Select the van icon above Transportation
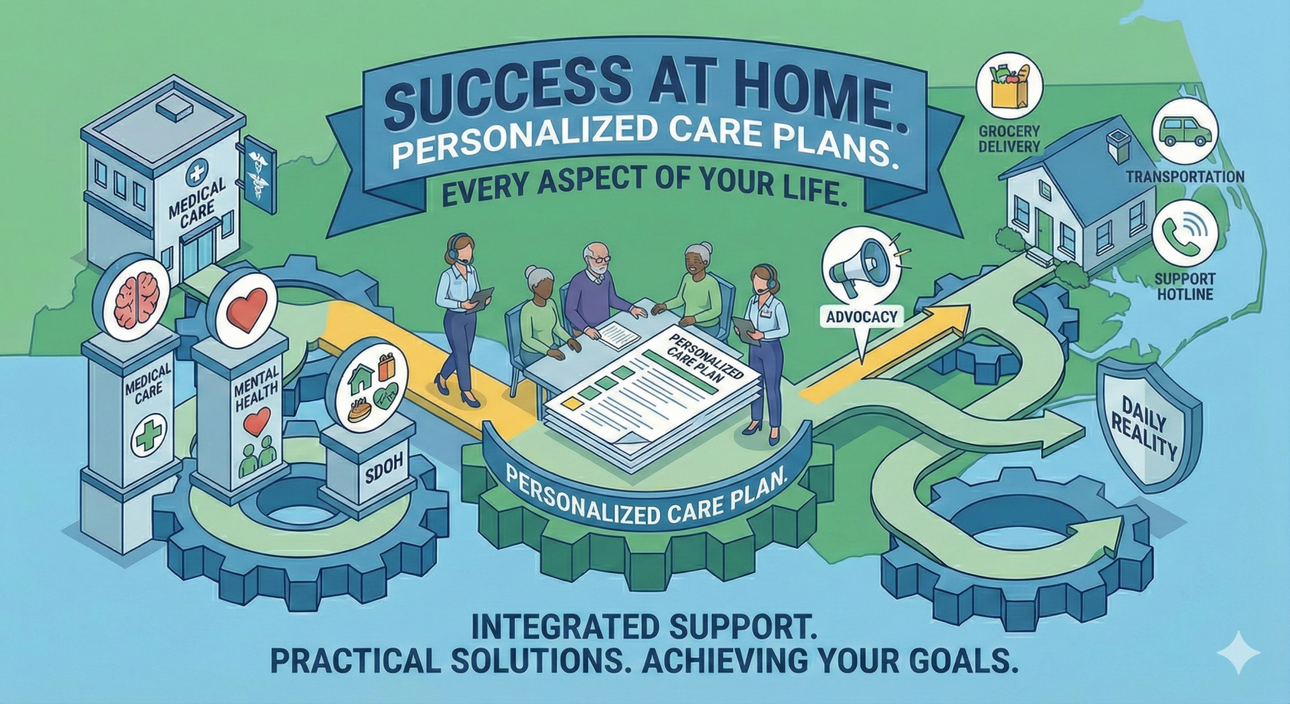[1185, 132]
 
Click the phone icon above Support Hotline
[1185, 233]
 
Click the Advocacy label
[861, 317]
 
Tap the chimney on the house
[1118, 145]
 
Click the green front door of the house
[1044, 229]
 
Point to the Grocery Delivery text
[1009, 139]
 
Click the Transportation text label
[1185, 177]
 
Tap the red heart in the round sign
[247, 309]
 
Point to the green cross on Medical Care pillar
[149, 435]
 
